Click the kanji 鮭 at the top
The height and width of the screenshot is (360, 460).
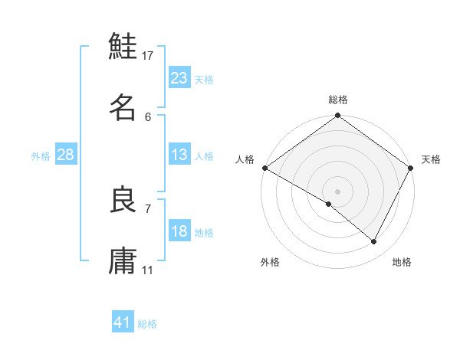pyautogui.click(x=123, y=47)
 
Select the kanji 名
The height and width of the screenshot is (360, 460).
pyautogui.click(x=123, y=106)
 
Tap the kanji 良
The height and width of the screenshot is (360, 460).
pyautogui.click(x=123, y=200)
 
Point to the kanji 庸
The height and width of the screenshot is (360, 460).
pyautogui.click(x=123, y=260)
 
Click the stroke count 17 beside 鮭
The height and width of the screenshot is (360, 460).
pyautogui.click(x=148, y=56)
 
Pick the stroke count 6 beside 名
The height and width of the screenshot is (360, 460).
pyautogui.click(x=148, y=116)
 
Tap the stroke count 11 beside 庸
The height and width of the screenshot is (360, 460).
pyautogui.click(x=148, y=270)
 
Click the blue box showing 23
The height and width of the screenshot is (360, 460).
pyautogui.click(x=179, y=78)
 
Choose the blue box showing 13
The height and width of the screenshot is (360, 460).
pyautogui.click(x=179, y=155)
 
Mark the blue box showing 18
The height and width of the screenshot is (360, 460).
pyautogui.click(x=179, y=231)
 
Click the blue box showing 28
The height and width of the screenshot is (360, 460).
pyautogui.click(x=66, y=155)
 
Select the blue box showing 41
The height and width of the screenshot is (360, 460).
pyautogui.click(x=123, y=322)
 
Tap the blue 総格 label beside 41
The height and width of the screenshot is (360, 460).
pyautogui.click(x=147, y=324)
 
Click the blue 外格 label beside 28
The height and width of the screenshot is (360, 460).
pyautogui.click(x=41, y=156)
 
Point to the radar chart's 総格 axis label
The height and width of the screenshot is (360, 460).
pyautogui.click(x=338, y=100)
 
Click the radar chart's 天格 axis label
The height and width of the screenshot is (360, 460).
pyautogui.click(x=432, y=159)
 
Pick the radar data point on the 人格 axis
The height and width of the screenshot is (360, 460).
pyautogui.click(x=264, y=168)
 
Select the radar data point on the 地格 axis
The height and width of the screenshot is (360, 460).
pyautogui.click(x=374, y=241)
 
